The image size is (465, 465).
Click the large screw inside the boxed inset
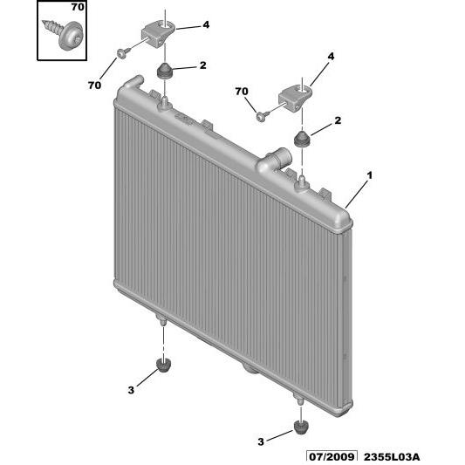[x=63, y=34]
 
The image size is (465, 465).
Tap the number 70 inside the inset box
[x=78, y=7]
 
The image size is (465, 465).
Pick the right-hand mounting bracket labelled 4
[x=295, y=99]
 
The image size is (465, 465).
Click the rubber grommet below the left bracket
[x=164, y=72]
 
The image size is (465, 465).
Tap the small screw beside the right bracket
[x=262, y=115]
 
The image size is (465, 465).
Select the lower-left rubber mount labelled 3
[x=164, y=365]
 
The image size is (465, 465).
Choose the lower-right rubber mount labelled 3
[x=301, y=428]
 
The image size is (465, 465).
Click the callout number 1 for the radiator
[x=369, y=175]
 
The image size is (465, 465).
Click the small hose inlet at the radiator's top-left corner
[x=134, y=81]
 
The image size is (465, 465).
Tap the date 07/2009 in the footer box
[x=332, y=457]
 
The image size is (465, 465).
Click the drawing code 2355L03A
[x=392, y=457]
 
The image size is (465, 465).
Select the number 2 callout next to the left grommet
[x=203, y=65]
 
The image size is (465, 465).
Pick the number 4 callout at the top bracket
[x=206, y=24]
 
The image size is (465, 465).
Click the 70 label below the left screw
[x=94, y=85]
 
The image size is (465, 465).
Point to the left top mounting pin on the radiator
[x=165, y=103]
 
